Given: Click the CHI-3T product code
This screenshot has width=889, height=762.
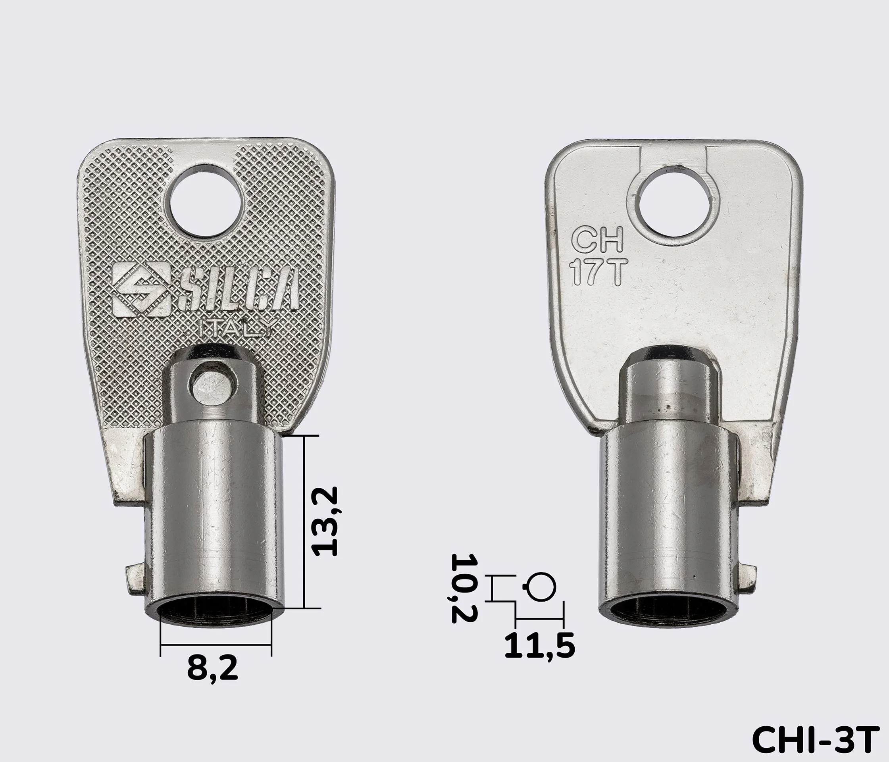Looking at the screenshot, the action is point(813,739).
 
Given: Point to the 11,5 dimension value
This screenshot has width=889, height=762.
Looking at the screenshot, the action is point(539,646).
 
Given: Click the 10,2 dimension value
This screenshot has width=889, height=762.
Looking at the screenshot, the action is point(464,588).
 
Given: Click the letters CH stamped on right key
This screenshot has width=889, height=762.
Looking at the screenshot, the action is point(598,240).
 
